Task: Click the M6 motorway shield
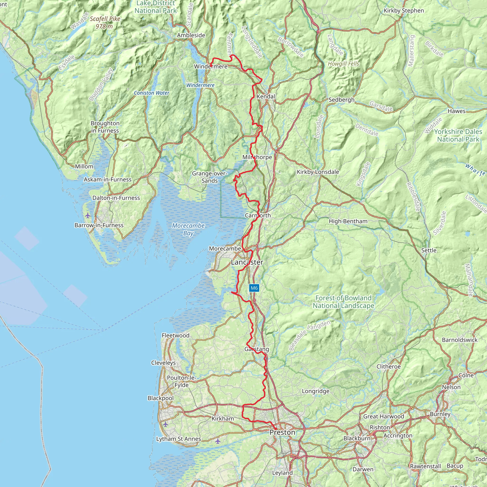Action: point(254,288)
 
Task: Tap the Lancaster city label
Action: point(247,262)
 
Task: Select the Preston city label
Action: point(282,432)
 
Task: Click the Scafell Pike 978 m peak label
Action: point(105,22)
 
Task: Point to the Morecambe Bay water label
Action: point(188,229)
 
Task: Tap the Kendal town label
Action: point(266,96)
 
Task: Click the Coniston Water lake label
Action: point(151,93)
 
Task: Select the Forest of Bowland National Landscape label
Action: point(343,302)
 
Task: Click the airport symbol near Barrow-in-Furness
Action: point(88,215)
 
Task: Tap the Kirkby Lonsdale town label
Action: point(318,172)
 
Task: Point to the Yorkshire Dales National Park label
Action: point(458,135)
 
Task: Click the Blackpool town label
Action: point(161,398)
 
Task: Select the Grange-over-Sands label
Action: point(209,177)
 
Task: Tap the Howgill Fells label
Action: point(343,64)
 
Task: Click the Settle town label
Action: point(429,250)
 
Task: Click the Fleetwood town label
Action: point(175,336)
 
